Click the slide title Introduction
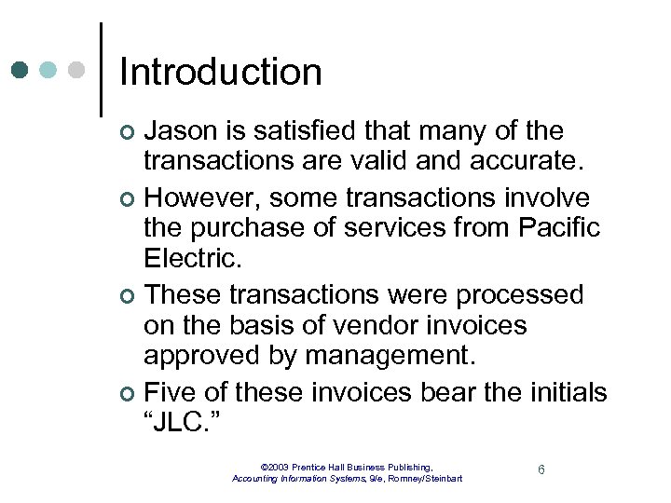[x=221, y=73]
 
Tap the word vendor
[x=381, y=325]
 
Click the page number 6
[x=541, y=469]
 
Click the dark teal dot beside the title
[x=21, y=70]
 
